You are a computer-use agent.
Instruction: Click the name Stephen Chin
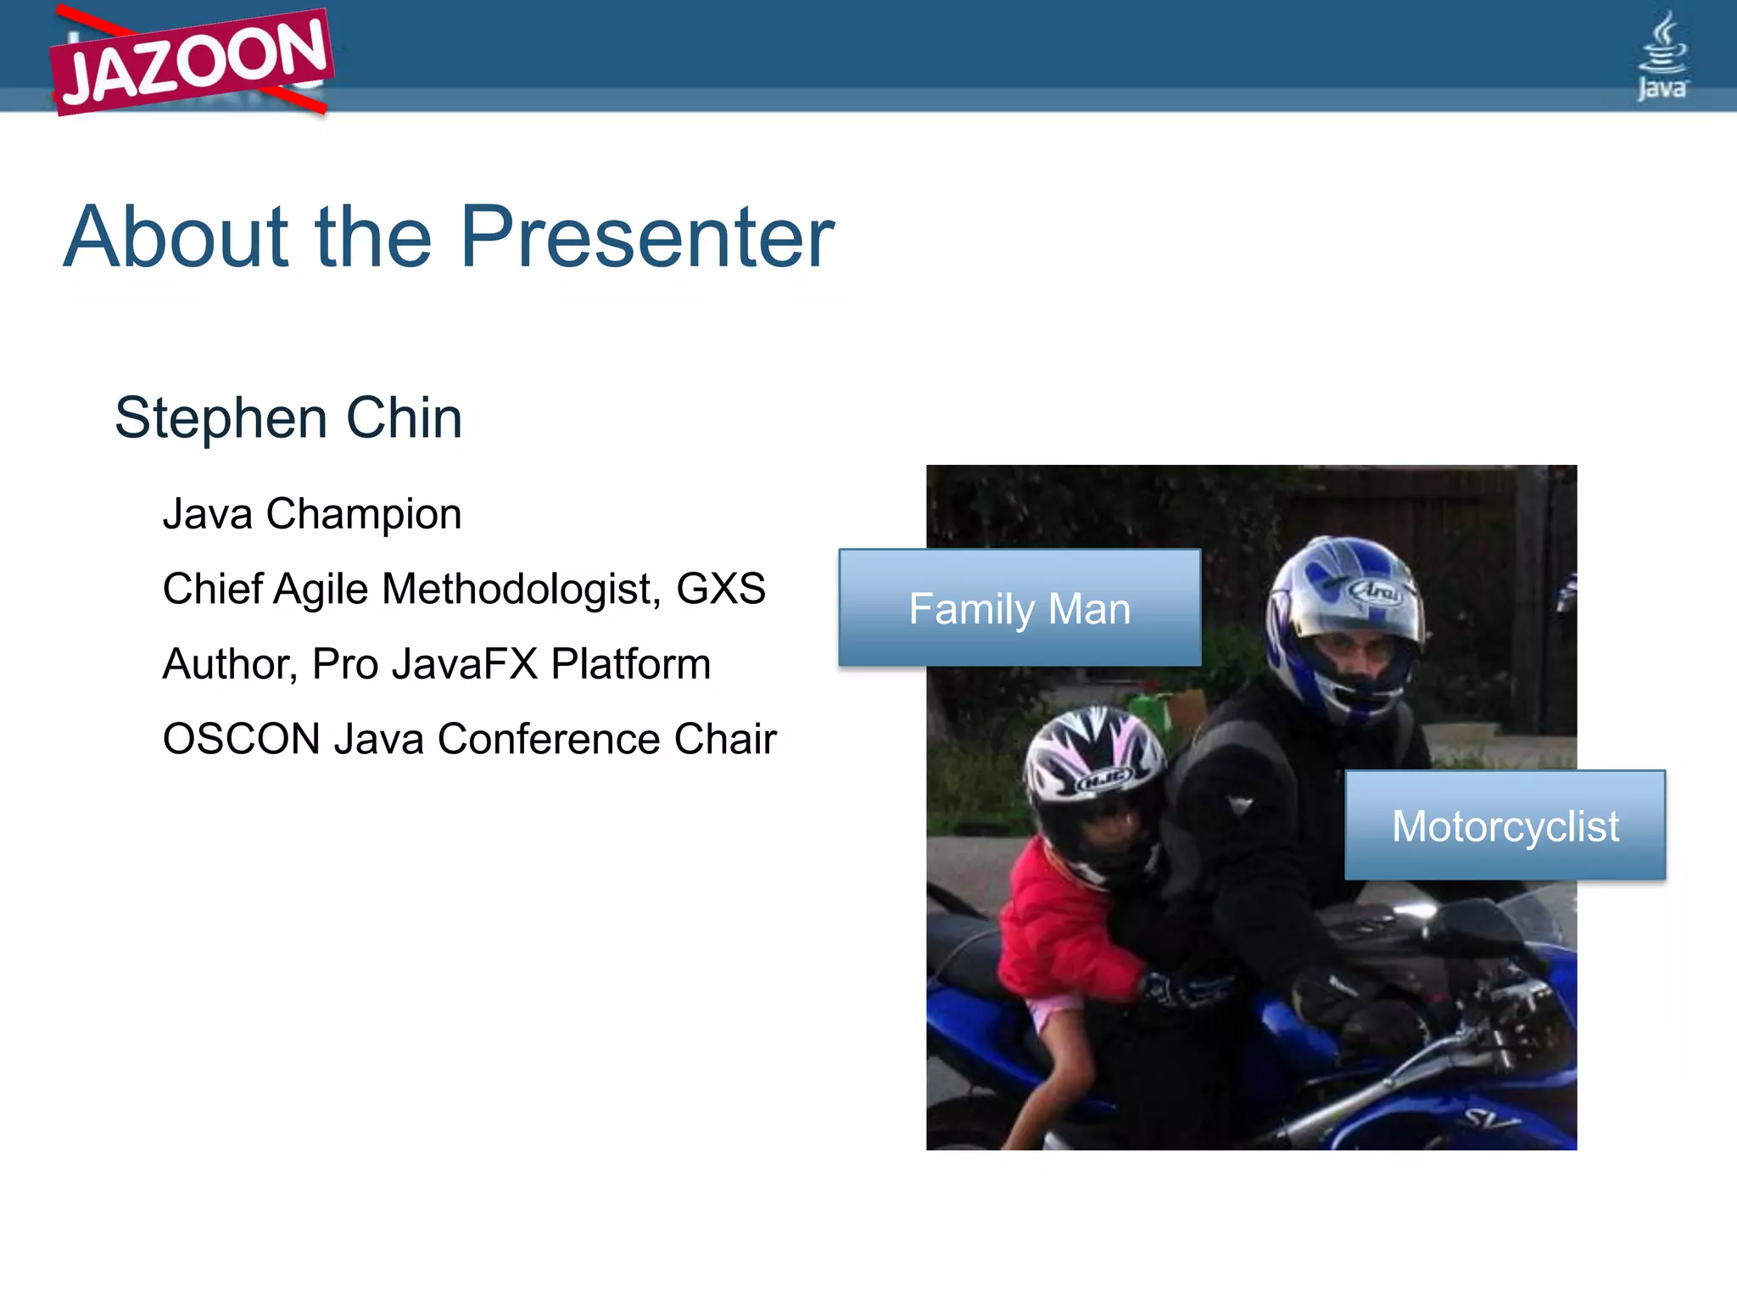[288, 418]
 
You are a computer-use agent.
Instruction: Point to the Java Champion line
[312, 514]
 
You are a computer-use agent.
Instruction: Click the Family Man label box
[1019, 608]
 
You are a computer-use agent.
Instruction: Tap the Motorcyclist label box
[1505, 825]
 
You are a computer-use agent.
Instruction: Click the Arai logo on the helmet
[1376, 590]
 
